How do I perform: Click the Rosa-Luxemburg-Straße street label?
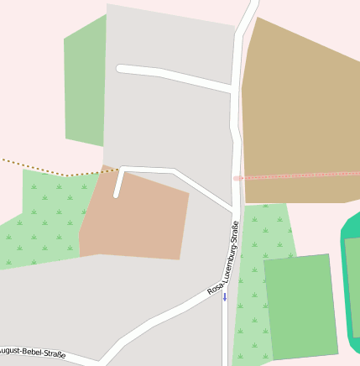(x=224, y=258)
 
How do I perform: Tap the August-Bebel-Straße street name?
(x=32, y=352)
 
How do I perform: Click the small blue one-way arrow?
(x=224, y=296)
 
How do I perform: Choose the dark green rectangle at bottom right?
(x=300, y=306)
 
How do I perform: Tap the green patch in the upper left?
(x=86, y=84)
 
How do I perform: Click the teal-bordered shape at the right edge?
(x=351, y=285)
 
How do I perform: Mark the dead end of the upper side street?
(x=121, y=68)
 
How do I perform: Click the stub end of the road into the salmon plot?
(x=117, y=196)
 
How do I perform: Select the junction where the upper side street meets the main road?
(x=232, y=88)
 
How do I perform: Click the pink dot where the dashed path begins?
(x=237, y=178)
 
